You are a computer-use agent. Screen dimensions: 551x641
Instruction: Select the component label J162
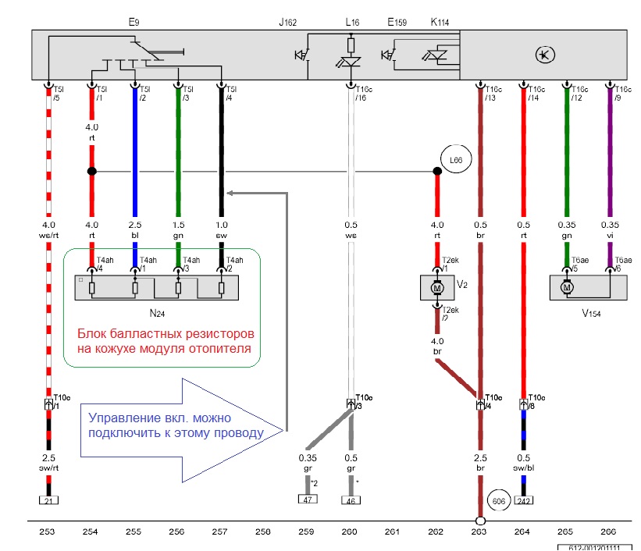288,23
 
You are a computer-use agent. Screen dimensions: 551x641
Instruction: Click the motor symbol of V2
438,286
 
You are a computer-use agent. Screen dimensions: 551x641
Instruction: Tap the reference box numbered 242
525,500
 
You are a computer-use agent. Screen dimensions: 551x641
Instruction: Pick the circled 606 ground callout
499,499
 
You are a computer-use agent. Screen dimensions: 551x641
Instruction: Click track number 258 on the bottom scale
263,532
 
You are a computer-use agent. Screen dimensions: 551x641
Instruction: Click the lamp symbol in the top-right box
543,54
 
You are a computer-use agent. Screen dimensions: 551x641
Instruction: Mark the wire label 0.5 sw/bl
525,463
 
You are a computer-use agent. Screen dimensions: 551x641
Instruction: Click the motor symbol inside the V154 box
568,286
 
